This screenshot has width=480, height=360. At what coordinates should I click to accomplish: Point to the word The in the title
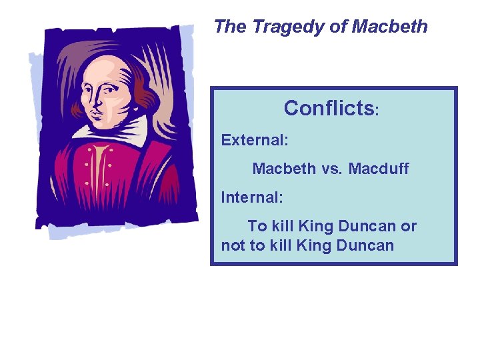point(230,27)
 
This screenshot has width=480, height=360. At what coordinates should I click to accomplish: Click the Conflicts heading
point(329,108)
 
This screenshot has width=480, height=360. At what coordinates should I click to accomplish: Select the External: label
point(255,140)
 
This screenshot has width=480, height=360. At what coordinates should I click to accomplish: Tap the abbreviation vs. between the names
point(330,169)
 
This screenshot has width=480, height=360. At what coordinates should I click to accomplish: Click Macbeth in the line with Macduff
point(284,169)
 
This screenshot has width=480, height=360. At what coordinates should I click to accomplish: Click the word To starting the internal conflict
point(257,227)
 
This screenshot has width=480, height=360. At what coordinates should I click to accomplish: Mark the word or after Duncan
point(408,227)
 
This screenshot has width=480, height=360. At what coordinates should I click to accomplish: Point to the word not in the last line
point(233,245)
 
